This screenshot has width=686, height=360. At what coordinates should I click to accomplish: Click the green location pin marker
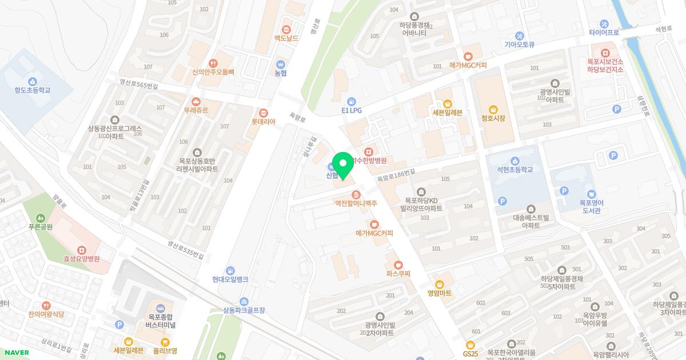(x=343, y=166)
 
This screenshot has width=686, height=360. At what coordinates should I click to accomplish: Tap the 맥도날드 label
(x=286, y=38)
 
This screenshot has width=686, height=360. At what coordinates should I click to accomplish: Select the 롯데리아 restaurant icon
(x=264, y=112)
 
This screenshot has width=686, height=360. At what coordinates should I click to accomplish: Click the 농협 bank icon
(x=280, y=64)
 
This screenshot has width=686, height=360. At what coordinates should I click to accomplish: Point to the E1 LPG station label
(x=352, y=110)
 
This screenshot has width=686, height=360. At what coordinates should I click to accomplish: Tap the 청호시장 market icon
(x=493, y=109)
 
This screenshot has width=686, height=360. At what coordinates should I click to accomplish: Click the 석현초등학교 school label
(x=514, y=170)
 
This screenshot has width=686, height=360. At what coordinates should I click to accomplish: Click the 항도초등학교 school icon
(x=32, y=81)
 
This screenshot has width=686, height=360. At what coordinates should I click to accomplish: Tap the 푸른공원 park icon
(x=40, y=218)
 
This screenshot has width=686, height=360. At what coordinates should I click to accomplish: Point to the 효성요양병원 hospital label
(x=82, y=259)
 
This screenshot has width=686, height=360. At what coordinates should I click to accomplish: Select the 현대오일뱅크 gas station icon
(x=230, y=270)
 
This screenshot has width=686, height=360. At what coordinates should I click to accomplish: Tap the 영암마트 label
(x=440, y=293)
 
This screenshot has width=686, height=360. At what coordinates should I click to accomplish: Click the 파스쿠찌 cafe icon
(x=398, y=265)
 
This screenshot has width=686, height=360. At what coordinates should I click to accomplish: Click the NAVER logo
(x=15, y=353)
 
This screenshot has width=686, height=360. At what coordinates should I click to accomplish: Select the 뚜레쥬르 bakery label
(x=196, y=110)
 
